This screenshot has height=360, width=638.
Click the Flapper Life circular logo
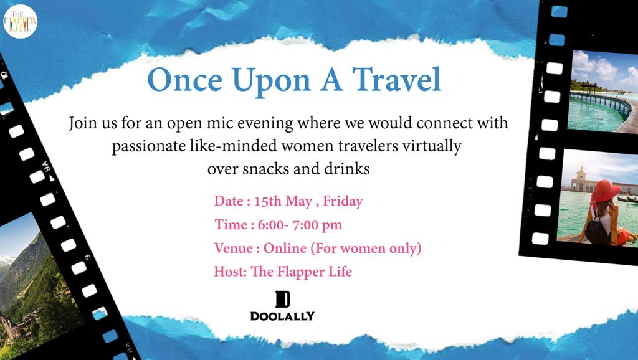21,21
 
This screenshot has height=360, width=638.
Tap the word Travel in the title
396,79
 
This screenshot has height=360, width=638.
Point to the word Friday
343,201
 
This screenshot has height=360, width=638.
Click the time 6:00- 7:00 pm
300,225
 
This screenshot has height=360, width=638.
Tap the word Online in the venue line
285,248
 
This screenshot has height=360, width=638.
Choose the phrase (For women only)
366,249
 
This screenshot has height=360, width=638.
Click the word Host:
231,272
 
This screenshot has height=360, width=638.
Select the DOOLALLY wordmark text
282,316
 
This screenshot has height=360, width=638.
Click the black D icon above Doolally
283,300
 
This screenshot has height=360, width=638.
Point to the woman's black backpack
597,230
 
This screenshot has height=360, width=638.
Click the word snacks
266,168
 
